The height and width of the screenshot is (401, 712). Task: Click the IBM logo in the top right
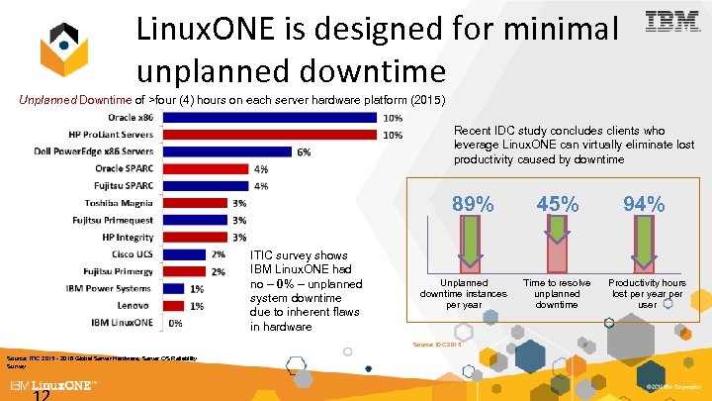tap(672, 22)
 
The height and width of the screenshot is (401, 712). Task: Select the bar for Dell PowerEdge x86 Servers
tap(226, 151)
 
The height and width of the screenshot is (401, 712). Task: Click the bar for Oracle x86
tap(269, 118)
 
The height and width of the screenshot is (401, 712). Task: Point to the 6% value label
tap(304, 151)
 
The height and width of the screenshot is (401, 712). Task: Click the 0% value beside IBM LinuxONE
tap(175, 323)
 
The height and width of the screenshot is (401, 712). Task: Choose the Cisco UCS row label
tap(131, 254)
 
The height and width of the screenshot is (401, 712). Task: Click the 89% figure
tap(473, 204)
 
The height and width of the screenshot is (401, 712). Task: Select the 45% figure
tap(558, 204)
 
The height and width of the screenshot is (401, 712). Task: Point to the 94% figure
tap(644, 204)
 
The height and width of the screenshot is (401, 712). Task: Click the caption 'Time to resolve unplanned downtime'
tap(557, 294)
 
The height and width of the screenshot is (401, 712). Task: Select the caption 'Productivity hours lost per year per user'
tap(647, 294)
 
